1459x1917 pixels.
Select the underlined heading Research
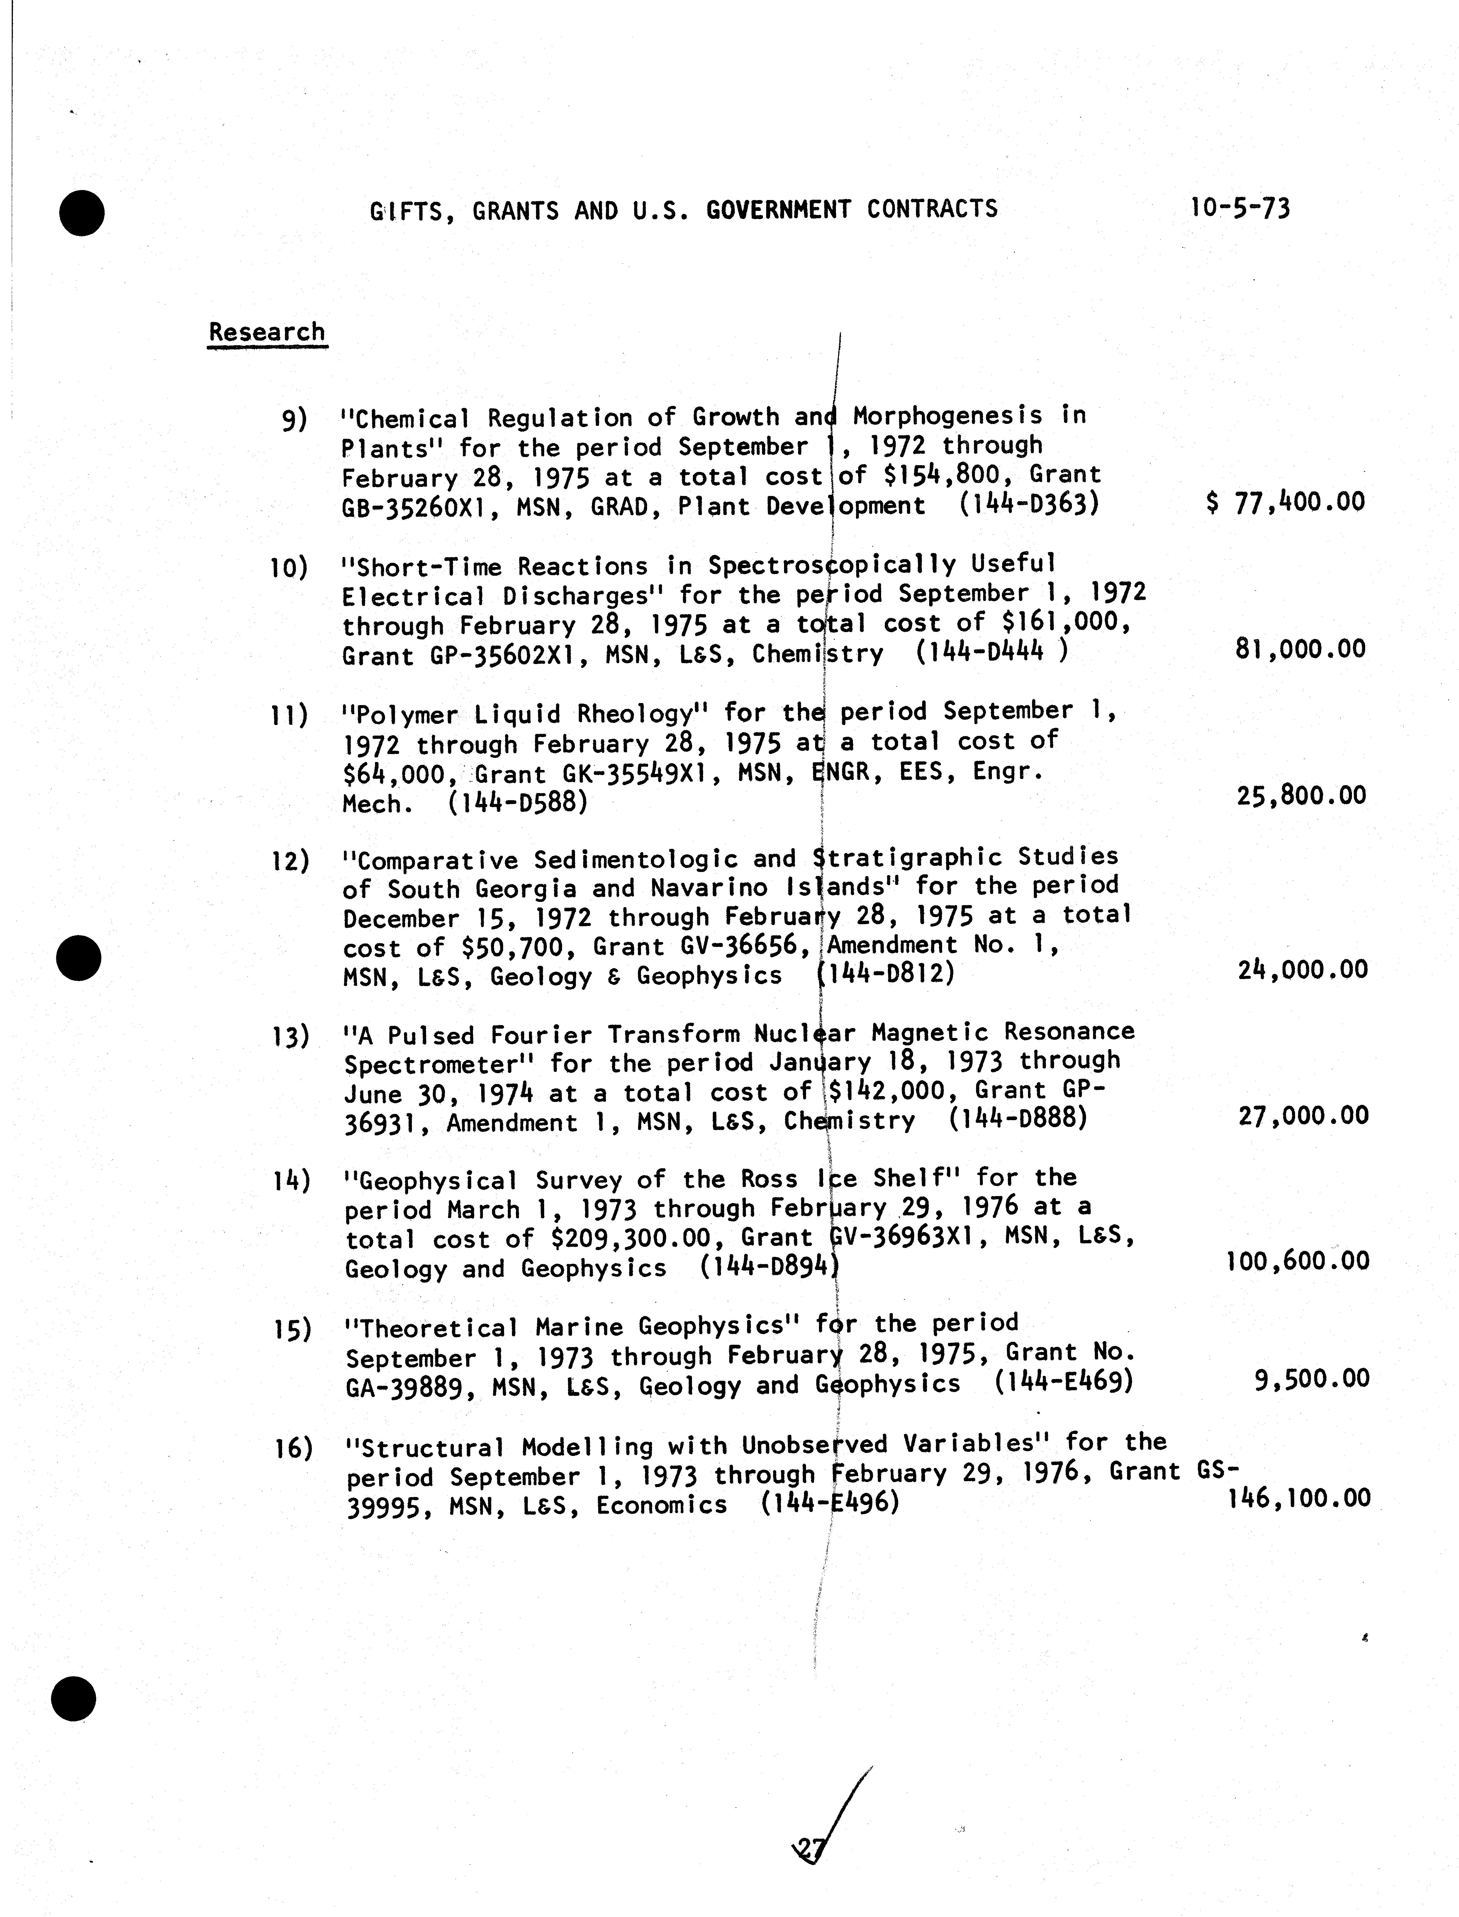pyautogui.click(x=267, y=333)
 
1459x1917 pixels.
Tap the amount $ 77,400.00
pyautogui.click(x=1285, y=502)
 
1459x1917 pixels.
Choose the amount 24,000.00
pyautogui.click(x=1302, y=969)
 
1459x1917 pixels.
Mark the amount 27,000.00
pyautogui.click(x=1303, y=1115)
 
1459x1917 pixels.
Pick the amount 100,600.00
pyautogui.click(x=1297, y=1260)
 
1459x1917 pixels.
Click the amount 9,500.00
pyautogui.click(x=1311, y=1379)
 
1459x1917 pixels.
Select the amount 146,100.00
pyautogui.click(x=1299, y=1498)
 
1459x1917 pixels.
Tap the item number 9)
pyautogui.click(x=294, y=419)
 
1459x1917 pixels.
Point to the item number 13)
pyautogui.click(x=291, y=1036)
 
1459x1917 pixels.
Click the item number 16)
pyautogui.click(x=293, y=1448)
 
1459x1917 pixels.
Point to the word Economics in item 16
pyautogui.click(x=662, y=1504)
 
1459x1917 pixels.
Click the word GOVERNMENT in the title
pyautogui.click(x=778, y=209)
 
